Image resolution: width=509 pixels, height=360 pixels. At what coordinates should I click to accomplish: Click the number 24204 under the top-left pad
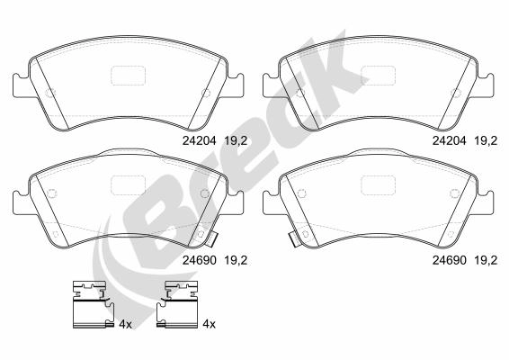pyautogui.click(x=199, y=140)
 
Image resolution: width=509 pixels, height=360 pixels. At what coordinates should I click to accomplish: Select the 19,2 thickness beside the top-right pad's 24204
pyautogui.click(x=486, y=140)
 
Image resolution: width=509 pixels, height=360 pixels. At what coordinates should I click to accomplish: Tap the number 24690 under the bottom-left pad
pyautogui.click(x=199, y=260)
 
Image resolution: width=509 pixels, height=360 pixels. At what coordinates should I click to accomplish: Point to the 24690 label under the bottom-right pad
pyautogui.click(x=449, y=260)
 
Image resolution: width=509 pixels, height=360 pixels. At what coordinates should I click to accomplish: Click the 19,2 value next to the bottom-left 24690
pyautogui.click(x=236, y=260)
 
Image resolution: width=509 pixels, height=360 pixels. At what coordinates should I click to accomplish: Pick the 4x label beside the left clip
pyautogui.click(x=125, y=324)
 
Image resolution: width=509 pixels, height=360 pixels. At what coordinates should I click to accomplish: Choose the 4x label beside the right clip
pyautogui.click(x=209, y=324)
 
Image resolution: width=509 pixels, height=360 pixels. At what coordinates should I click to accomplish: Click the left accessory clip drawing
pyautogui.click(x=94, y=304)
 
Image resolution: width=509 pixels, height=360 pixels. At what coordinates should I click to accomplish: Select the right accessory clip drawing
pyautogui.click(x=177, y=304)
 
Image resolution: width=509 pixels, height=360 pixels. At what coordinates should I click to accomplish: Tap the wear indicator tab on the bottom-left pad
pyautogui.click(x=213, y=239)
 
